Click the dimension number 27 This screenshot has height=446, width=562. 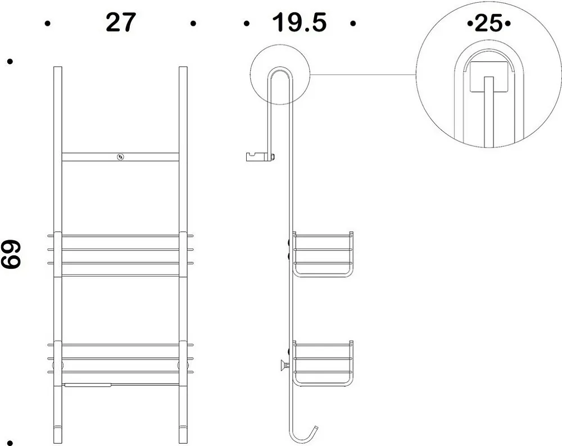[121, 22]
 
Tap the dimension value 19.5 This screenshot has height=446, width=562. [300, 22]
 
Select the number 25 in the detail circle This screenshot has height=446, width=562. [488, 24]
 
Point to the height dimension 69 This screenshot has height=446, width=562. [11, 254]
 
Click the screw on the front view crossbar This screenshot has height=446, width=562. [120, 157]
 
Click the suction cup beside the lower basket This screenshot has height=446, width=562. [284, 366]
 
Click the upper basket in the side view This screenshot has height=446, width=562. [323, 254]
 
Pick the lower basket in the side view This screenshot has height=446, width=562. [323, 363]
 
